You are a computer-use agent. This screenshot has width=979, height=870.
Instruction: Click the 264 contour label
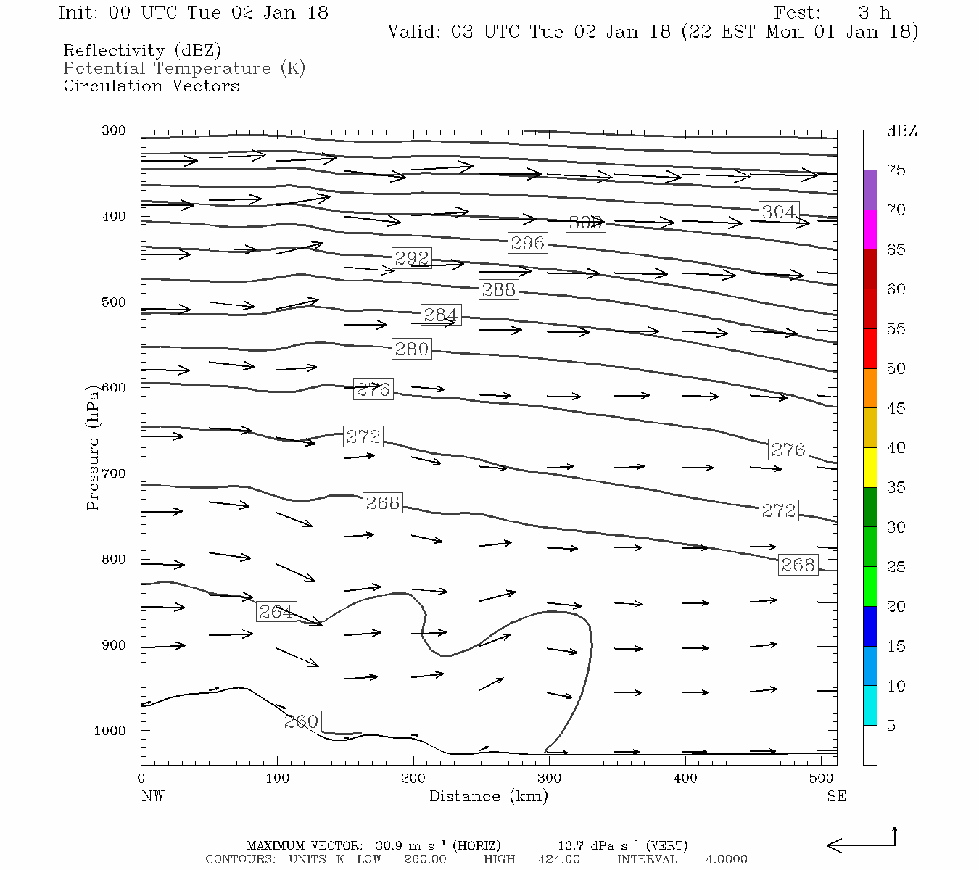coord(276,612)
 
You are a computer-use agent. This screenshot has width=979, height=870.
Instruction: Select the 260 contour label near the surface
coord(301,721)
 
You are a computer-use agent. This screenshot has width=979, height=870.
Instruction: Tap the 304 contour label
coord(779,212)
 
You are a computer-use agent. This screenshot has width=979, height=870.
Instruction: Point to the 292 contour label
coord(412,258)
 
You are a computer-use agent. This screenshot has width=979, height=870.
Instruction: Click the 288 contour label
coord(499,289)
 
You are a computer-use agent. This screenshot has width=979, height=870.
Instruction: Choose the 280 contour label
coord(412,349)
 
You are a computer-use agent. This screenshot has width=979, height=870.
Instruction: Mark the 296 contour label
coord(527,243)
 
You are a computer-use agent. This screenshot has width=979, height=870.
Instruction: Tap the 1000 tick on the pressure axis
coord(110,731)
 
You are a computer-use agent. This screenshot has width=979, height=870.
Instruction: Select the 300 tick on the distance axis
coord(549,779)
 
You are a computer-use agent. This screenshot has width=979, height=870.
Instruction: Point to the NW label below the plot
coord(152,796)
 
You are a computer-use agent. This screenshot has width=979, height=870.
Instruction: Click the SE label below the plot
coord(836,796)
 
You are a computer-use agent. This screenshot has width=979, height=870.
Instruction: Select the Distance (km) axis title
coord(489,796)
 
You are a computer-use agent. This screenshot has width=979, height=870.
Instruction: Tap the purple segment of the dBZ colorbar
coord(869,190)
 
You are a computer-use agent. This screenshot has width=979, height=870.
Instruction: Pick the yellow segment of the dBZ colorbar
coord(869,468)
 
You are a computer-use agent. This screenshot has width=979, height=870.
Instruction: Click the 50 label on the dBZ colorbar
coord(896,369)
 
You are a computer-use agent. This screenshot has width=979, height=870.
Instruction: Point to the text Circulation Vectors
coord(151,86)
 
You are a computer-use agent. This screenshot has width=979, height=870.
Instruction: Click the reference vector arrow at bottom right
coord(862,844)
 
